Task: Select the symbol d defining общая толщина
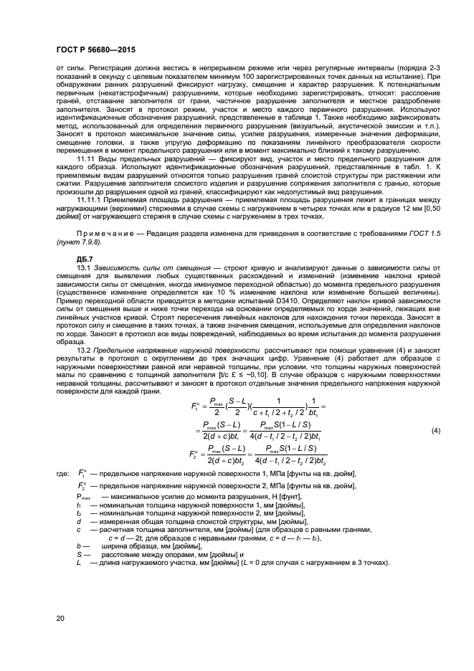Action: click(78, 542)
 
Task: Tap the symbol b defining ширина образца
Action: click(78, 566)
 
